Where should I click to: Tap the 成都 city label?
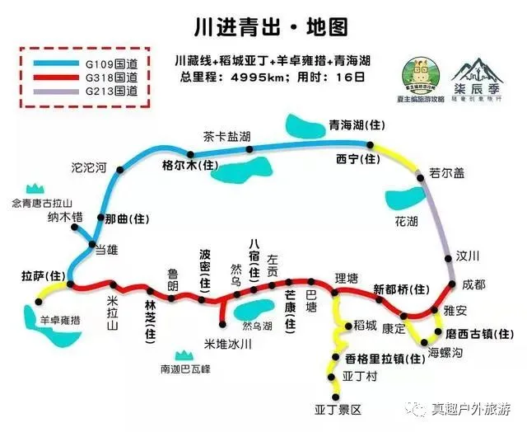click(x=473, y=284)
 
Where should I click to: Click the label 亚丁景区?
click(x=338, y=409)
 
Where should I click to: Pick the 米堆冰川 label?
click(x=227, y=343)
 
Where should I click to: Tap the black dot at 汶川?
click(x=449, y=258)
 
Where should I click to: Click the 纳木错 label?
click(x=65, y=218)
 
